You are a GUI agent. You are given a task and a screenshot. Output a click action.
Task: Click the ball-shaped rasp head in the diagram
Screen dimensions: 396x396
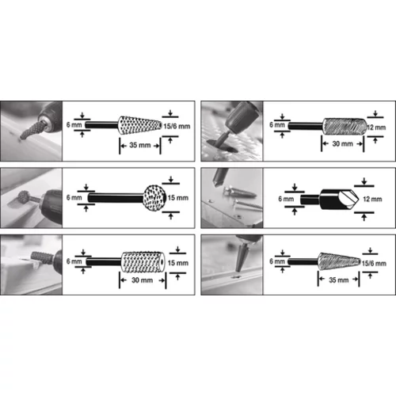(154, 198)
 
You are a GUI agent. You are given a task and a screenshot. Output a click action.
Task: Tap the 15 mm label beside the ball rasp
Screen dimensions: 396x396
(178, 198)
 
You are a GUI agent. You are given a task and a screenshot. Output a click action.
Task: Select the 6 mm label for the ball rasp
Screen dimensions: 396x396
(74, 197)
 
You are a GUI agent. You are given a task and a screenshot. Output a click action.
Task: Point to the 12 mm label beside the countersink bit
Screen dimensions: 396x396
(372, 199)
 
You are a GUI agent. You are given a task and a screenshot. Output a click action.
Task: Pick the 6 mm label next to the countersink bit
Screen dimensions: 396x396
(286, 199)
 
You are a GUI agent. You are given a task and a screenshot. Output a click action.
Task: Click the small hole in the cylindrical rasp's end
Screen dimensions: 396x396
(162, 263)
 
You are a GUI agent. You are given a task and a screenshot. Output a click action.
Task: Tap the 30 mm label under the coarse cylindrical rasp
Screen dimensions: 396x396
(142, 280)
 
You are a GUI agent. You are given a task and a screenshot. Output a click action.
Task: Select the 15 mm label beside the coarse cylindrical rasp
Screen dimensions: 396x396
(178, 263)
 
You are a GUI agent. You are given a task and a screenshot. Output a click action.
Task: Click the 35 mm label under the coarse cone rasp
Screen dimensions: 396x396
(140, 145)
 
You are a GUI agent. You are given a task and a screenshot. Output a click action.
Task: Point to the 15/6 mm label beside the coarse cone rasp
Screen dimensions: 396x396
(177, 126)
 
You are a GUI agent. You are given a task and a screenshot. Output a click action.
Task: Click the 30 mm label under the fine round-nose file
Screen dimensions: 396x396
(342, 144)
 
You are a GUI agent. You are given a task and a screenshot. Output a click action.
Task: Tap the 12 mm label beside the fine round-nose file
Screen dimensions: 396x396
(376, 128)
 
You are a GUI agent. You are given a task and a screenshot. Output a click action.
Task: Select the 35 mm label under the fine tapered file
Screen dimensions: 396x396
(338, 280)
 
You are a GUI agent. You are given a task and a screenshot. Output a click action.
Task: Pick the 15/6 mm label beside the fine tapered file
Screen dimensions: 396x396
(374, 263)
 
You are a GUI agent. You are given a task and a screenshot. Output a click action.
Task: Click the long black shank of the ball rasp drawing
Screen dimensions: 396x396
(116, 198)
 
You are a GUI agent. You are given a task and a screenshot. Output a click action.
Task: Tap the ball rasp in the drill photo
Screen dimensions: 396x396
(23, 197)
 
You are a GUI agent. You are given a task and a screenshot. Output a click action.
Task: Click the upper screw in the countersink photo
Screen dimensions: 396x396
(240, 192)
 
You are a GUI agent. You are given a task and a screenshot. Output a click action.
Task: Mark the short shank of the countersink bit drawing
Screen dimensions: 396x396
(310, 200)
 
